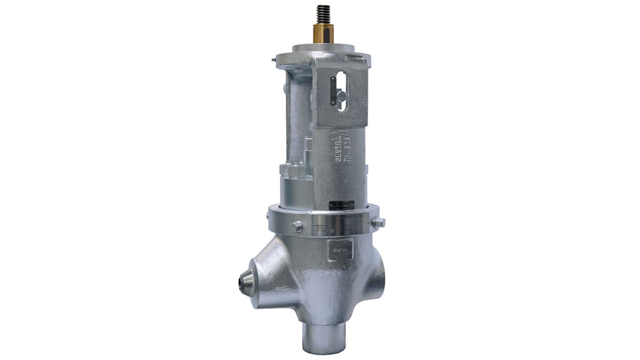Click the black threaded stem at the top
(x=323, y=16)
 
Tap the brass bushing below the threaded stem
(x=323, y=34)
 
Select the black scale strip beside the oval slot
(x=333, y=91)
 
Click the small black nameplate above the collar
(x=341, y=205)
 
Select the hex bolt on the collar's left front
(x=296, y=226)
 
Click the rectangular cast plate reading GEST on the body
(x=340, y=249)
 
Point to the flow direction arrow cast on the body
(x=283, y=288)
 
